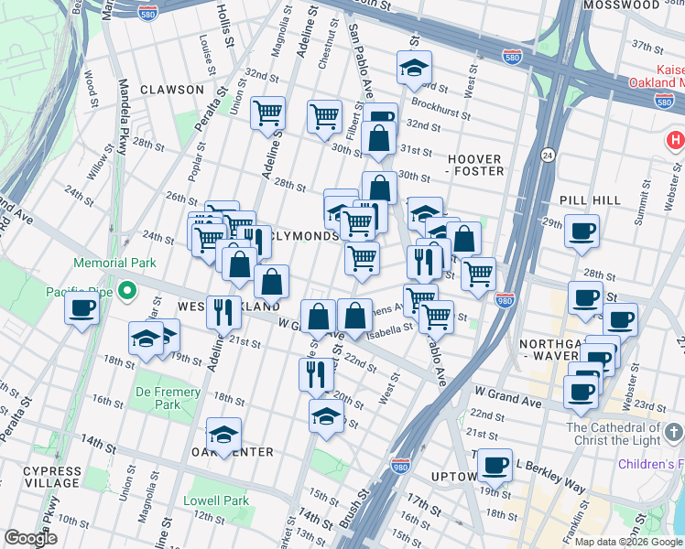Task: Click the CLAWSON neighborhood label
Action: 172,90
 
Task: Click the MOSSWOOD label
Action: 626,5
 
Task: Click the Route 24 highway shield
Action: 548,155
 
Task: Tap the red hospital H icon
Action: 675,141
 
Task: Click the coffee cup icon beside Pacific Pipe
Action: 82,307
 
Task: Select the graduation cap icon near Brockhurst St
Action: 414,67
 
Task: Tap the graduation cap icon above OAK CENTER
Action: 223,436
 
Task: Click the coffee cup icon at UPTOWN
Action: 495,465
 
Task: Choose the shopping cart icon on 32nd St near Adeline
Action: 267,114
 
